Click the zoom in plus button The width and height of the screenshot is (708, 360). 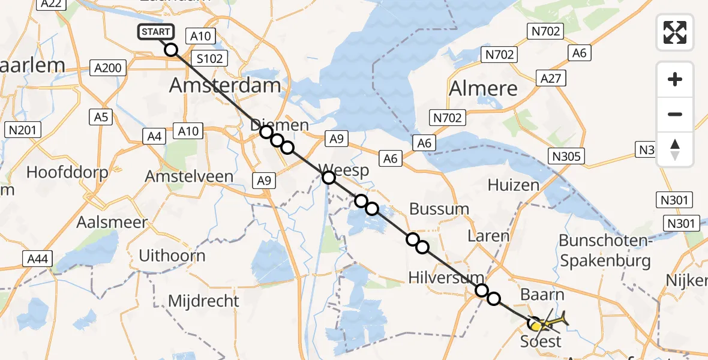pyautogui.click(x=675, y=79)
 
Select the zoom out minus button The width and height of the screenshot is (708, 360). pyautogui.click(x=675, y=114)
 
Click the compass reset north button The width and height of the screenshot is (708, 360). pyautogui.click(x=675, y=149)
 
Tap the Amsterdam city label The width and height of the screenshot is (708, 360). pyautogui.click(x=225, y=85)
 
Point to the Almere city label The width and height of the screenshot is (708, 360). pyautogui.click(x=483, y=88)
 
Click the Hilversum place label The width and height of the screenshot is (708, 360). pyautogui.click(x=446, y=277)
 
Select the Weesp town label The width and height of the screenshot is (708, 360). pyautogui.click(x=346, y=170)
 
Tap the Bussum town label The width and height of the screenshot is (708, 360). pyautogui.click(x=439, y=209)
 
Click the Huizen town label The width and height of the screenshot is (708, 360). pyautogui.click(x=514, y=185)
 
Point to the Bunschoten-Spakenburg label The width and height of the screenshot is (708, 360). pyautogui.click(x=605, y=251)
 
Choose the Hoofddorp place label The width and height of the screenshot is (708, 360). pyautogui.click(x=67, y=173)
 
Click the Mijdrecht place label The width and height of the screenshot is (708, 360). pyautogui.click(x=204, y=301)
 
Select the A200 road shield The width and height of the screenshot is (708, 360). pyautogui.click(x=108, y=67)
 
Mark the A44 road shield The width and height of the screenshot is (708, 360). pyautogui.click(x=38, y=259)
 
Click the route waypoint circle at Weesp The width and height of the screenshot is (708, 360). pyautogui.click(x=328, y=177)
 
